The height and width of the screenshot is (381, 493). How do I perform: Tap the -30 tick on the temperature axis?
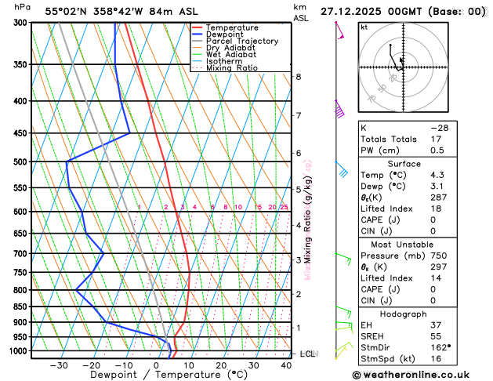pyautogui.click(x=58, y=365)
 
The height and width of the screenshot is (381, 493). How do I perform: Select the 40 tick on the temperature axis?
pyautogui.click(x=286, y=365)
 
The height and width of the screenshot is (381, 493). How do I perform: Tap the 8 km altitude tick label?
pyautogui.click(x=299, y=77)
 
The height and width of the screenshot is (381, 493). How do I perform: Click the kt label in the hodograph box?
pyautogui.click(x=364, y=27)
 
